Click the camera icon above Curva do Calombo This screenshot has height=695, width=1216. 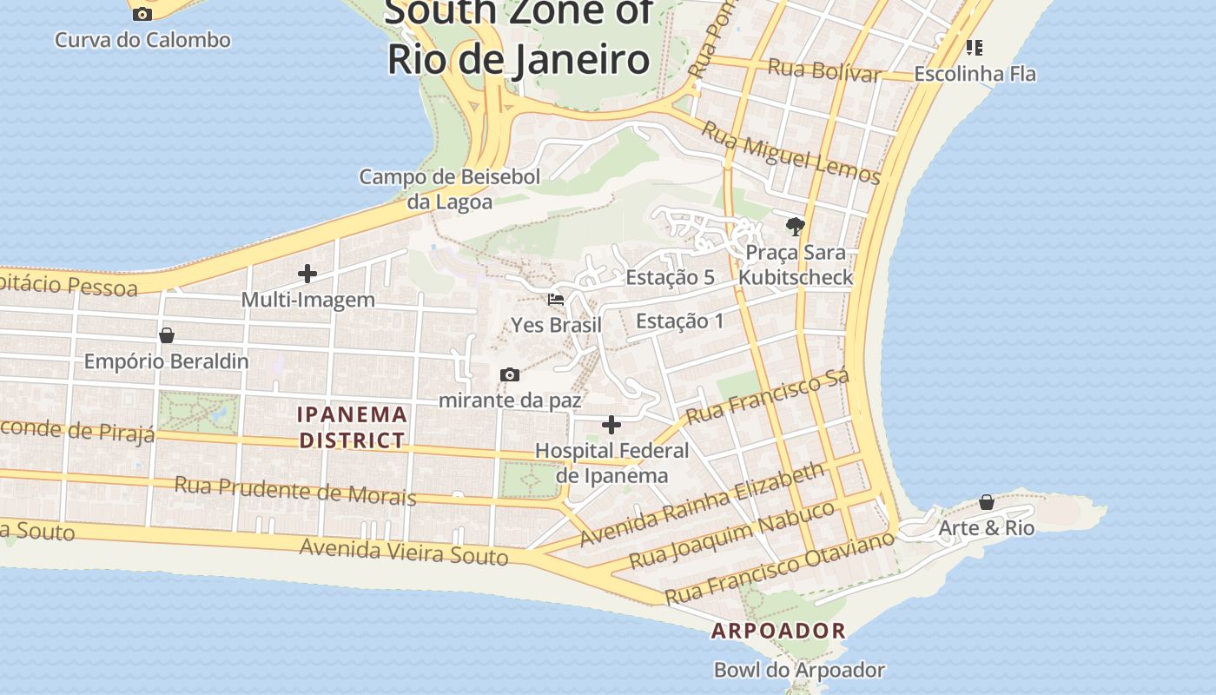coord(142,14)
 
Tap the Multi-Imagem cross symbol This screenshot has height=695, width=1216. coord(307,274)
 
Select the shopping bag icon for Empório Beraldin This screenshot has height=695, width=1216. coord(167,335)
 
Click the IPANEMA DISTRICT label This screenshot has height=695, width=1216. coord(352,427)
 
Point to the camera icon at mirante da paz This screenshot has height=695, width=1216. coord(510,375)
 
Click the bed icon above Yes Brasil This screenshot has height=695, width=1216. coord(556,300)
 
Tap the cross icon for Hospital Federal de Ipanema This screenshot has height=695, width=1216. coord(611,425)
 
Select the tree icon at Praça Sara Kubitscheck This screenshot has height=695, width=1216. coord(795,227)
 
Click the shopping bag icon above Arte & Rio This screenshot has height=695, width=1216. coord(987,502)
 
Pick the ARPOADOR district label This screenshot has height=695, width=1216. coord(778,631)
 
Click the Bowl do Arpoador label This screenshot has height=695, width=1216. coord(799,670)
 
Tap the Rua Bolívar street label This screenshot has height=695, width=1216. coord(824,69)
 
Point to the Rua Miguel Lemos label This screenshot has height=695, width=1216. coord(790,153)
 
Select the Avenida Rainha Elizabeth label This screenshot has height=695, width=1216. coord(702,504)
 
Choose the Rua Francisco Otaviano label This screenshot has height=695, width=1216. coord(779,568)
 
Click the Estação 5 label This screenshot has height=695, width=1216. coord(670,277)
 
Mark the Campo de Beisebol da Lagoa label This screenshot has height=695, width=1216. coord(450,189)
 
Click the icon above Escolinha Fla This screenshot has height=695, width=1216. coord(975,47)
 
